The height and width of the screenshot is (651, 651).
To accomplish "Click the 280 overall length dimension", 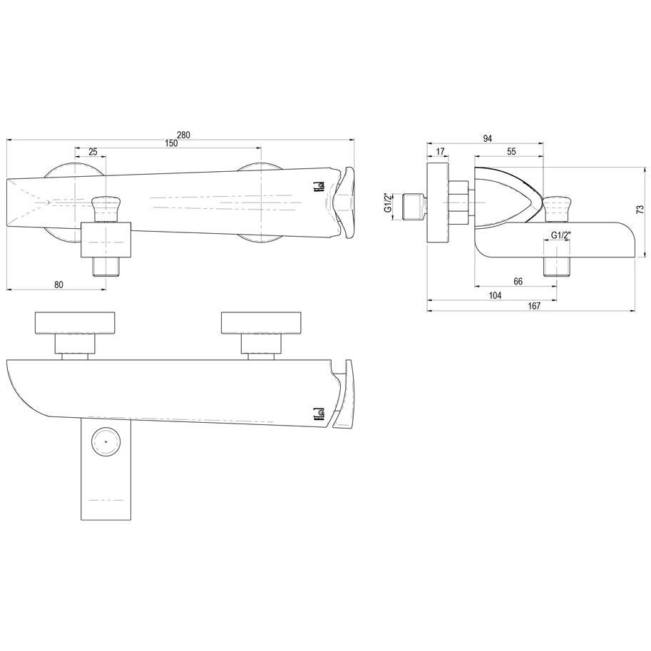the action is (183, 135).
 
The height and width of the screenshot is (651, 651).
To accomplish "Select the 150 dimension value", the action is (170, 143).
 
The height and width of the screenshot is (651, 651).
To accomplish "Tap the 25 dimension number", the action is (93, 152).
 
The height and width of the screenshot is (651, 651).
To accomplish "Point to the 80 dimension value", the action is (59, 285).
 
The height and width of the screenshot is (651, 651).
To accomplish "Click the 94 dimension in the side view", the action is (488, 138).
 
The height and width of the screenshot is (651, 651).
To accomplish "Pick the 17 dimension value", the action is (441, 152).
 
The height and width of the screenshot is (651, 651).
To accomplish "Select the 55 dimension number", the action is (511, 152).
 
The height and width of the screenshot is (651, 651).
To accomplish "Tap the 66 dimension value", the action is (518, 282).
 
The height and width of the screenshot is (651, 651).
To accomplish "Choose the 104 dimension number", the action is (496, 295).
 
